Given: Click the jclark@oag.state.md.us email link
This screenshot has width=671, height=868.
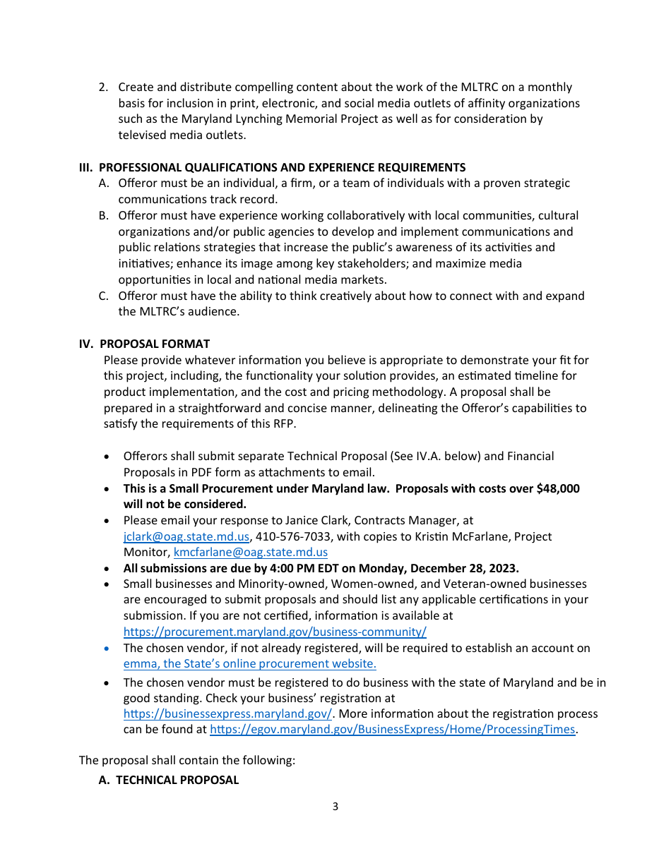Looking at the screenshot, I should click(x=186, y=536).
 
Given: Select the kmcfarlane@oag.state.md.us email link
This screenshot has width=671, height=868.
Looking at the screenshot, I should click(x=251, y=552).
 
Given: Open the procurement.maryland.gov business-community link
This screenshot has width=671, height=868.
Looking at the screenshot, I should click(x=275, y=632).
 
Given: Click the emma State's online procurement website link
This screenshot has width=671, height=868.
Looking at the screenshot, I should click(x=249, y=663).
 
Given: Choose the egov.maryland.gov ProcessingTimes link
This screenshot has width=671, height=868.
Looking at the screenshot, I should click(x=393, y=729).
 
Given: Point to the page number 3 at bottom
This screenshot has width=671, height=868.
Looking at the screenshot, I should click(x=335, y=807).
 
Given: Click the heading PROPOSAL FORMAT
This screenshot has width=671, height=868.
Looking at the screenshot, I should click(x=155, y=344).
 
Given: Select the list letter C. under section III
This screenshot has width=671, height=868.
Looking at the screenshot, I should click(x=104, y=296).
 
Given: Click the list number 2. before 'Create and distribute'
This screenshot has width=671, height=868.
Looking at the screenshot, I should click(x=103, y=87).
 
